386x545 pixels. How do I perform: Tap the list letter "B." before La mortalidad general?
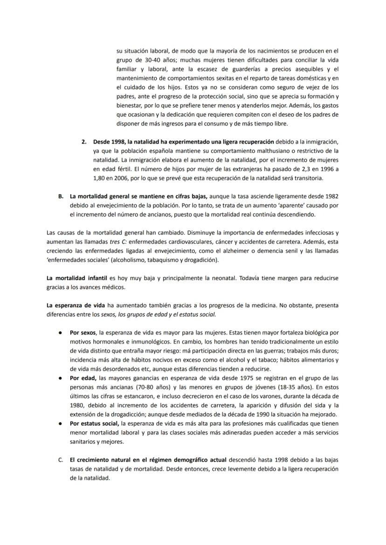(x=61, y=196)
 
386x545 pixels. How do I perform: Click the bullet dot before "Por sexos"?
(x=61, y=333)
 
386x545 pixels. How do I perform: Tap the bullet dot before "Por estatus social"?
(x=61, y=423)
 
